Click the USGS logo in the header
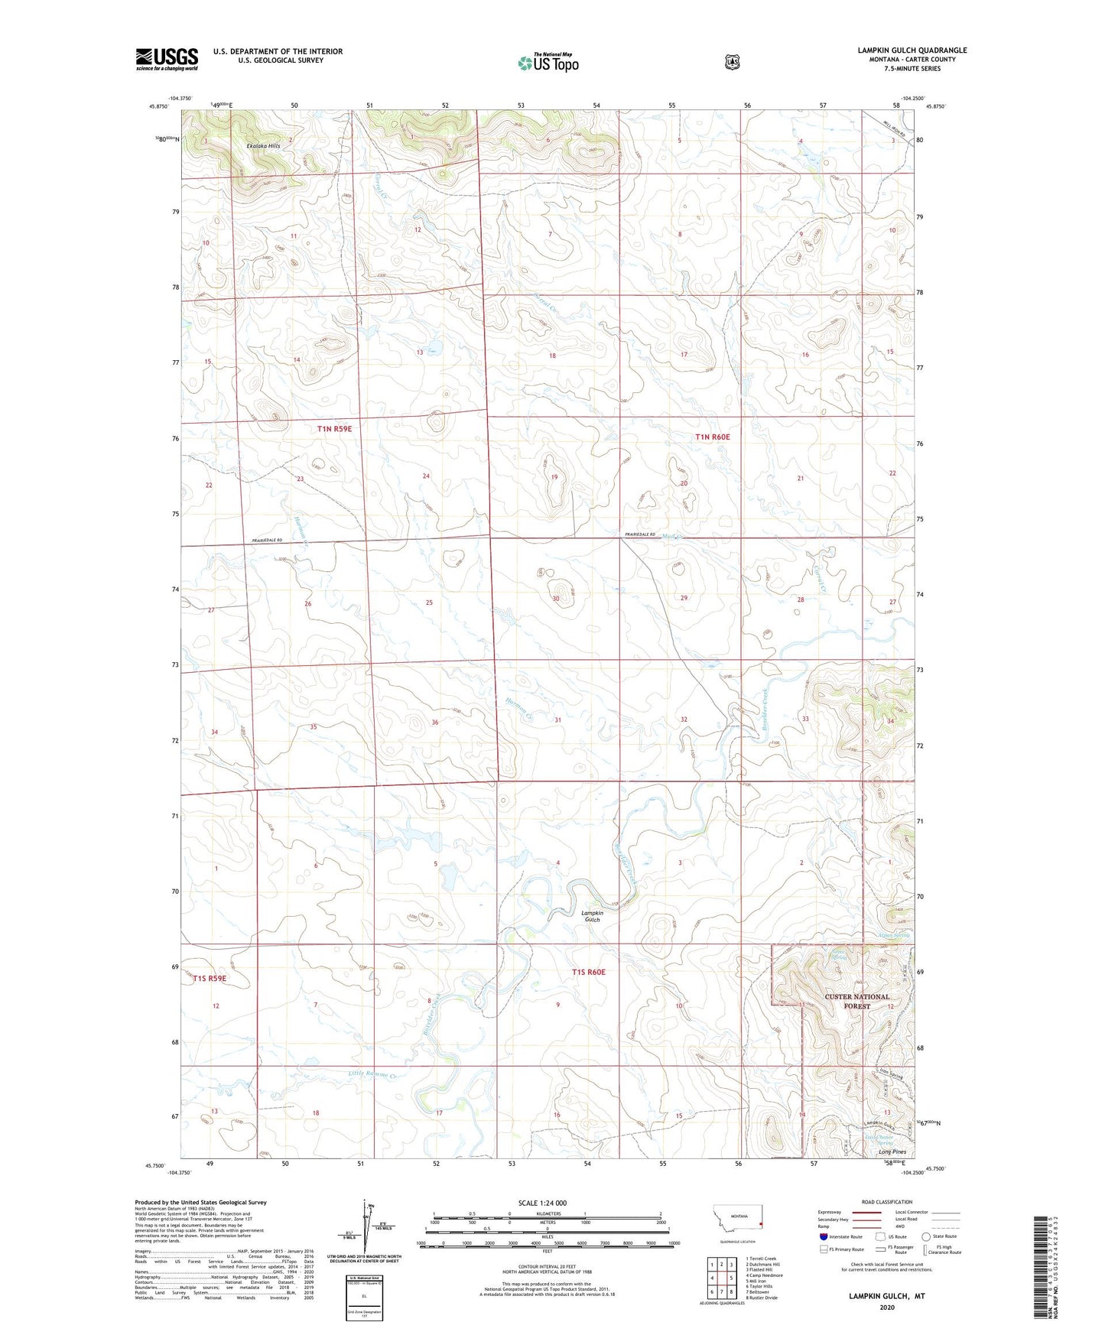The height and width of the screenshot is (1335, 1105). [167, 59]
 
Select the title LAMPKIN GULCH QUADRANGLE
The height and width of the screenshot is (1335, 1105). [912, 50]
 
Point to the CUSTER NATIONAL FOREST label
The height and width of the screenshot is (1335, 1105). [856, 1001]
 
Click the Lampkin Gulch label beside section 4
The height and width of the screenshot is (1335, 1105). [592, 916]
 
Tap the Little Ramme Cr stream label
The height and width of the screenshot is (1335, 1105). [374, 1075]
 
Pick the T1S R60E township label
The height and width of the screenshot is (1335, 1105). [588, 972]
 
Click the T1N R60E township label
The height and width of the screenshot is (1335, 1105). [712, 437]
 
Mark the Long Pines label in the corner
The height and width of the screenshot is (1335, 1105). [892, 1151]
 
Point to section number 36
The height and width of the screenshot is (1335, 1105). [434, 722]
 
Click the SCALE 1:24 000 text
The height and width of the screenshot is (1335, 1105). [542, 1203]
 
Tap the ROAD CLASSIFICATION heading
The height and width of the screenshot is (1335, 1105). [886, 1202]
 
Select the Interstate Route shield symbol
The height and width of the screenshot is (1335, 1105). [823, 1236]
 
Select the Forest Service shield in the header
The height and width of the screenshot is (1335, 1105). [732, 61]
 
